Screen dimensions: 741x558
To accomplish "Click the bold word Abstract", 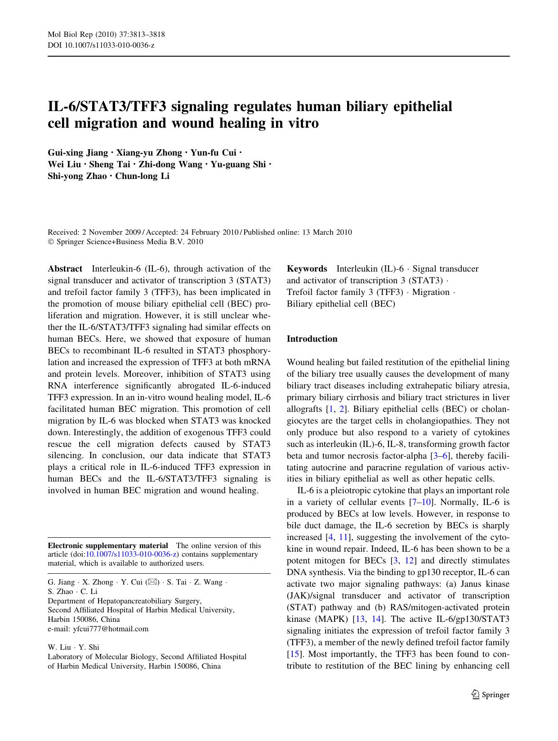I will [65, 269].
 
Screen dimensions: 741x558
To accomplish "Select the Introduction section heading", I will [312, 339].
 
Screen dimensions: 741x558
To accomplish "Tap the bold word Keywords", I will [307, 269].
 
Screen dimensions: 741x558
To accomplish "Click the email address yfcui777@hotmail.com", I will [111, 629].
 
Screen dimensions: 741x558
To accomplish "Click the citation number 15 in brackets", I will [293, 654].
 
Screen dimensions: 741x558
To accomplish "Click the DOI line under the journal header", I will [101, 45].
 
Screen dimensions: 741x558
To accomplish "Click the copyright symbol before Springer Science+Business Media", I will [50, 242].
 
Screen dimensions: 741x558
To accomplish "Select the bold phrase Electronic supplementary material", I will [108, 546].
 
